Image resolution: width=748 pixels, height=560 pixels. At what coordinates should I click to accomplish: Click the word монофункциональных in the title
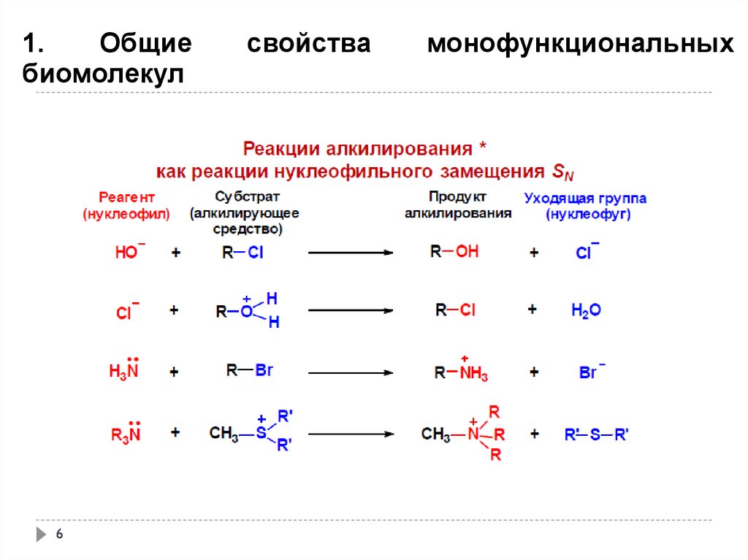click(580, 45)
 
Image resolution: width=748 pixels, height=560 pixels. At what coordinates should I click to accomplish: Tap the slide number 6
click(60, 535)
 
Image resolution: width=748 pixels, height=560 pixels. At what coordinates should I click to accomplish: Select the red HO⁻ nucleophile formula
click(130, 253)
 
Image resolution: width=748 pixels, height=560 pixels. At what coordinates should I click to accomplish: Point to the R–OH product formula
click(454, 252)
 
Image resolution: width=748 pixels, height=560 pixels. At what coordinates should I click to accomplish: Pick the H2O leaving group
click(586, 310)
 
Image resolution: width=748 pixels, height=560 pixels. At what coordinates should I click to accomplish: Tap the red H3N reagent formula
click(124, 370)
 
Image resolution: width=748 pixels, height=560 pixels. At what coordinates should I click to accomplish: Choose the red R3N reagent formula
click(126, 434)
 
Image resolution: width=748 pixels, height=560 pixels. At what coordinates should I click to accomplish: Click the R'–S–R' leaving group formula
click(596, 434)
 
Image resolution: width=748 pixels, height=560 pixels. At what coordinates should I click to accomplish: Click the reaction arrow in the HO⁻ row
click(351, 253)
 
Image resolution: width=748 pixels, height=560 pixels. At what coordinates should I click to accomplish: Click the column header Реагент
click(127, 198)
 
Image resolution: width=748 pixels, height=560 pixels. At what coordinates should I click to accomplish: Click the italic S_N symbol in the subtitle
click(560, 173)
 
